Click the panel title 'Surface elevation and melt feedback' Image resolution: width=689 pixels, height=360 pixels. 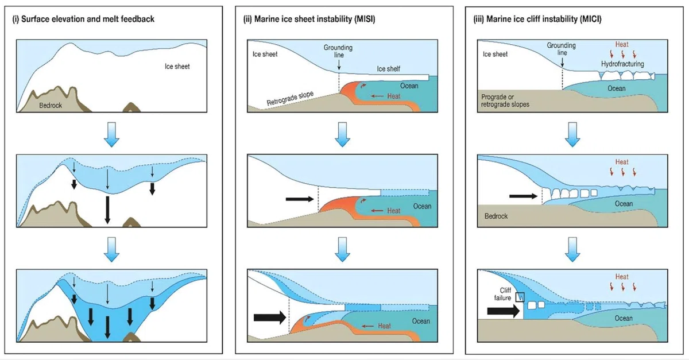pyautogui.click(x=88, y=19)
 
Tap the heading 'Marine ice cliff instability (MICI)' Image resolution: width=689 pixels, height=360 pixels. pyautogui.click(x=544, y=19)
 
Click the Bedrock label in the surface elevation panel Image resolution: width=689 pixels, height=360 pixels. pyautogui.click(x=51, y=106)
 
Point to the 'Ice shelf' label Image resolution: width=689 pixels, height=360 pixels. pyautogui.click(x=389, y=69)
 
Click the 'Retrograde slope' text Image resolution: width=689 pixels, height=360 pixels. pyautogui.click(x=290, y=98)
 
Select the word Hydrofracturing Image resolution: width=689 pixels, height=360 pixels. pyautogui.click(x=622, y=64)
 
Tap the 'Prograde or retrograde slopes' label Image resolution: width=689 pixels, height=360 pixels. pyautogui.click(x=505, y=100)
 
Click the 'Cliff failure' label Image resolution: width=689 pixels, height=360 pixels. pyautogui.click(x=502, y=294)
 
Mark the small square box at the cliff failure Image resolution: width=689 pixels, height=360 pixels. pyautogui.click(x=520, y=297)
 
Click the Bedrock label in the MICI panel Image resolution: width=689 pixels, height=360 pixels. pyautogui.click(x=496, y=216)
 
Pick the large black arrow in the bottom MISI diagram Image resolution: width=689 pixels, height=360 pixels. pyautogui.click(x=270, y=318)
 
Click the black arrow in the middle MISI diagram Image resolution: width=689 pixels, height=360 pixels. pyautogui.click(x=300, y=199)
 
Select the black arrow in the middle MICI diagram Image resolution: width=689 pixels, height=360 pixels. pyautogui.click(x=523, y=196)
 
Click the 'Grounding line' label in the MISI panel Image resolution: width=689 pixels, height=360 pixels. pyautogui.click(x=338, y=51)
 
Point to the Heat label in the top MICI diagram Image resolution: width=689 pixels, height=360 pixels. pyautogui.click(x=622, y=44)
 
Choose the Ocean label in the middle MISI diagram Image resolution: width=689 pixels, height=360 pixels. pyautogui.click(x=422, y=206)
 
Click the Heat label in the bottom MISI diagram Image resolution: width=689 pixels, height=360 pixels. pyautogui.click(x=384, y=326)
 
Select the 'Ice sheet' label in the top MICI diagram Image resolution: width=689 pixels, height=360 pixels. pyautogui.click(x=495, y=54)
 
